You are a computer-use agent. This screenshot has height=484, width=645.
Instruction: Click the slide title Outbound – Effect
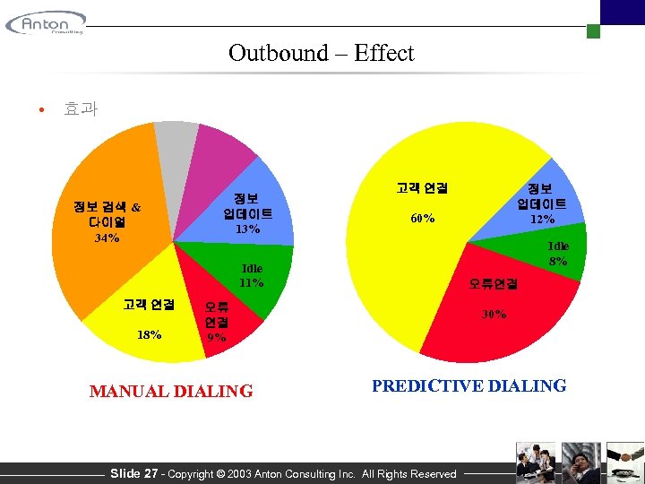click(x=321, y=53)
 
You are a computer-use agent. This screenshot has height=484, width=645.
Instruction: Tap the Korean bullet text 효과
click(x=81, y=109)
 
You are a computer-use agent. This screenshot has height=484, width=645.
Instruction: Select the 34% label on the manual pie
click(x=107, y=239)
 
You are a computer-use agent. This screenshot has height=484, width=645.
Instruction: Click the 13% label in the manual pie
click(x=248, y=229)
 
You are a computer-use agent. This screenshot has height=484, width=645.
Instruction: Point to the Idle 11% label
click(x=252, y=276)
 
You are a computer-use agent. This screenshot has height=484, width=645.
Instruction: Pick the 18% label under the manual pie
click(x=150, y=334)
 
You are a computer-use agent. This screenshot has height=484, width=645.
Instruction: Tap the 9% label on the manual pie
click(x=216, y=338)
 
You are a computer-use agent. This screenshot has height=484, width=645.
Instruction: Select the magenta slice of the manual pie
click(x=219, y=152)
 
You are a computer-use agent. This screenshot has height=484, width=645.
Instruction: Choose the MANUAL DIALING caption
click(x=171, y=391)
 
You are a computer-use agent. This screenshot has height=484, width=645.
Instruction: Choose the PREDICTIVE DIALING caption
click(x=469, y=386)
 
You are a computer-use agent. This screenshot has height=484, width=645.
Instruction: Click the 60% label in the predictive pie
click(x=422, y=219)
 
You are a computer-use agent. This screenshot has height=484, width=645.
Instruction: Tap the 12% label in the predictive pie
click(x=542, y=219)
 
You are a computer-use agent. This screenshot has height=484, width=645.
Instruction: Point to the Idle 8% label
click(x=558, y=254)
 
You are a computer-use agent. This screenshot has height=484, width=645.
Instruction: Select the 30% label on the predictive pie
click(x=494, y=315)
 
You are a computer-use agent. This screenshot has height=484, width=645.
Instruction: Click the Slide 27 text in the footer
click(x=133, y=473)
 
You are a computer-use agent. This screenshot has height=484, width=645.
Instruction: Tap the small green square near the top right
click(x=593, y=31)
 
